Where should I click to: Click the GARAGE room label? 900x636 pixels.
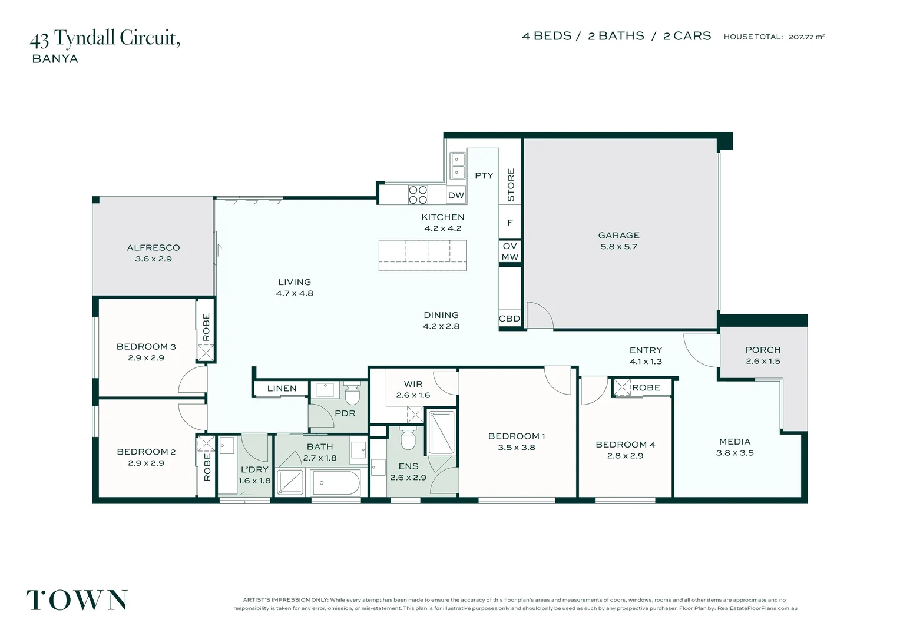tap(618, 236)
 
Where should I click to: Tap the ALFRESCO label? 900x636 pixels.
tap(154, 248)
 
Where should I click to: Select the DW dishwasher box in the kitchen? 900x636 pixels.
tap(456, 195)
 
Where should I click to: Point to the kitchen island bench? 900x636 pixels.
tap(423, 256)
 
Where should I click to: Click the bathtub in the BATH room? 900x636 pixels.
tap(336, 483)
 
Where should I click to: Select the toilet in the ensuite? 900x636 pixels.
tap(408, 439)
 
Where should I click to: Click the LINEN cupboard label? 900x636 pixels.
tap(282, 389)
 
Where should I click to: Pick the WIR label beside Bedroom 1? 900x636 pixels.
tap(413, 384)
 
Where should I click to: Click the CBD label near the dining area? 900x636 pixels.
tap(509, 319)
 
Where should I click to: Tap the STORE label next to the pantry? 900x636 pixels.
tap(511, 185)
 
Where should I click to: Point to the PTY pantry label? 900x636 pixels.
tap(484, 175)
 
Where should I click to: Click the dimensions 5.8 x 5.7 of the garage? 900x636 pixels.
tap(618, 247)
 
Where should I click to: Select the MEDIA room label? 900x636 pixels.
tap(735, 442)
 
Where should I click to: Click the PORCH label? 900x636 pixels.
tap(763, 350)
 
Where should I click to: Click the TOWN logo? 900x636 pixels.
tap(77, 600)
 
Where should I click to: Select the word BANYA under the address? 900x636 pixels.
tap(55, 59)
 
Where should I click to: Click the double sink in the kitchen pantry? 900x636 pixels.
tap(457, 165)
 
